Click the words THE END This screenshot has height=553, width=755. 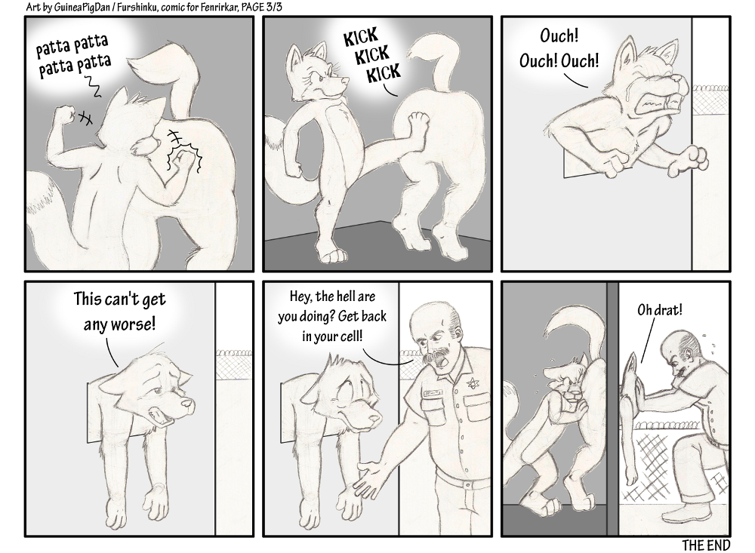[705, 545]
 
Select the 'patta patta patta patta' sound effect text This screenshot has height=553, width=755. [74, 57]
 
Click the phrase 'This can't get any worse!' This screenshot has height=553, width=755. [119, 311]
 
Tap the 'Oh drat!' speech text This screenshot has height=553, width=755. [660, 309]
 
